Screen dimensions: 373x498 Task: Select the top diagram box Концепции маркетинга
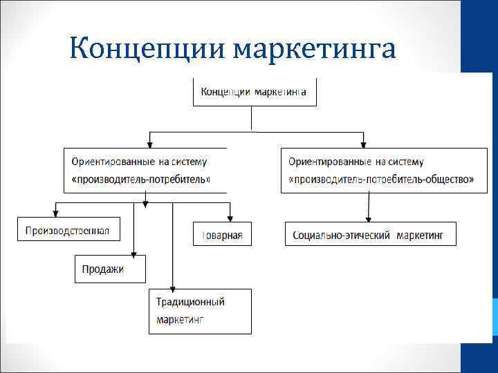pyautogui.click(x=254, y=91)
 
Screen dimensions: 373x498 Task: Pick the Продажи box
pyautogui.click(x=110, y=269)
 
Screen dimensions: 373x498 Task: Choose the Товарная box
pyautogui.click(x=222, y=235)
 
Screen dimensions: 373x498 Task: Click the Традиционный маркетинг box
pyautogui.click(x=201, y=311)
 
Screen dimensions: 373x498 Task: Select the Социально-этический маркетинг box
pyautogui.click(x=372, y=234)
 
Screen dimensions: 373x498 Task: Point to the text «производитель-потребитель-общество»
pyautogui.click(x=381, y=179)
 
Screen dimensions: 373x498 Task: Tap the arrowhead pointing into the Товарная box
pyautogui.click(x=231, y=219)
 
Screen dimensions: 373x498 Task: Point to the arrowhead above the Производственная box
pyautogui.click(x=55, y=213)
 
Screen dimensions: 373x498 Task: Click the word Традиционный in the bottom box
pyautogui.click(x=190, y=302)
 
